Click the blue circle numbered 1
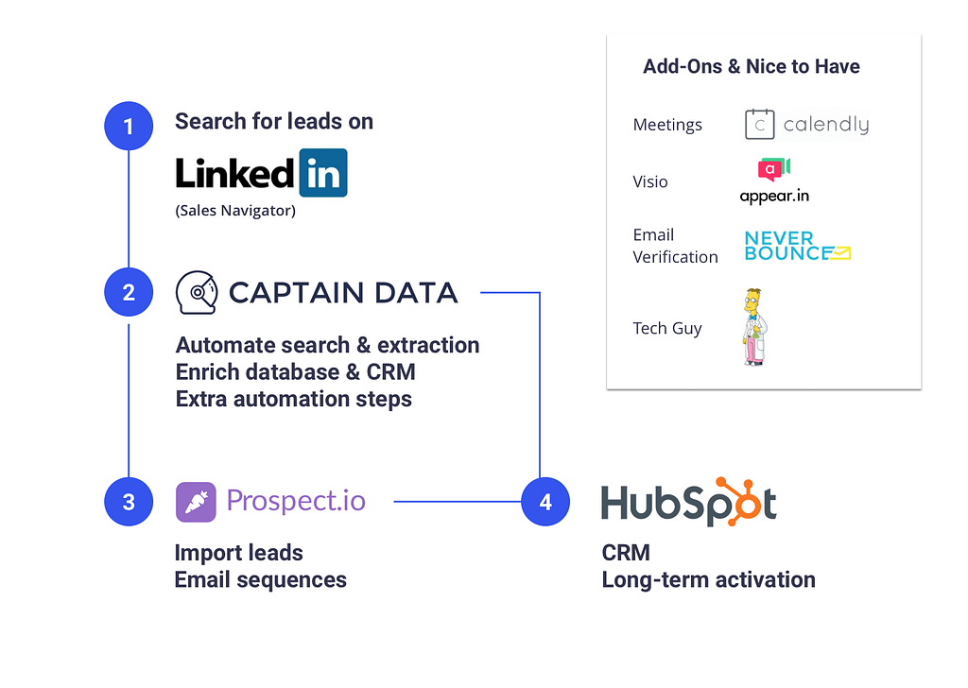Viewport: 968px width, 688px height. point(129,126)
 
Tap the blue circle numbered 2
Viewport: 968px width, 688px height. point(129,292)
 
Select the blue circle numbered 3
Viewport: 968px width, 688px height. point(129,502)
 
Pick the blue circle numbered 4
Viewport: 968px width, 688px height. point(545,502)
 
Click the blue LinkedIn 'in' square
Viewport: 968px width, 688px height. point(323,173)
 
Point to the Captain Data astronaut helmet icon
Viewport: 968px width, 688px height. point(197,292)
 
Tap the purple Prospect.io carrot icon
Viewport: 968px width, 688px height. point(196,502)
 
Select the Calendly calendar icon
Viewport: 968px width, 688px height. point(759,124)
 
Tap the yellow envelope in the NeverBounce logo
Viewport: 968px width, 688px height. point(840,253)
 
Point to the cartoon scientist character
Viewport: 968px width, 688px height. point(754,327)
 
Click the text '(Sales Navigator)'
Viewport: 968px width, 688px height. point(235,211)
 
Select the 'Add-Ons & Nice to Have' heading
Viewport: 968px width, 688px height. point(752,66)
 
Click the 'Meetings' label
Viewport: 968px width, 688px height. point(667,125)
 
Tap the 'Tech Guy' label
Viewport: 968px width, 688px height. point(666,328)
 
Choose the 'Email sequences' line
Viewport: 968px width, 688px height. point(261,580)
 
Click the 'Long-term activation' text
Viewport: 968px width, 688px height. point(709,580)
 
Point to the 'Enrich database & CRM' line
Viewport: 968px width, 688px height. point(295,372)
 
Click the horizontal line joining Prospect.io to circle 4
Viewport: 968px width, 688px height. point(458,502)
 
